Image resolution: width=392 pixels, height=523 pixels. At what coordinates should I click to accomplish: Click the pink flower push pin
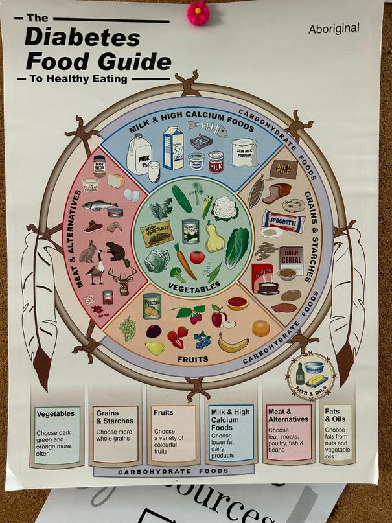pos(197,13)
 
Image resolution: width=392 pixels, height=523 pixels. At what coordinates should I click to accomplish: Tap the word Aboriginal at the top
pos(334,29)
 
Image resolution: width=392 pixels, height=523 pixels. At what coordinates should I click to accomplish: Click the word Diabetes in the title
pos(82,38)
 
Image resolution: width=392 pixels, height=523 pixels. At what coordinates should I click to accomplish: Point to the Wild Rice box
pos(283,169)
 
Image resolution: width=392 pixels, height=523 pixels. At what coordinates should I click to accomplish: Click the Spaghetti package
pos(282,222)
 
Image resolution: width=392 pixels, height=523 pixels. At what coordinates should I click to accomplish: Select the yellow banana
pos(233,343)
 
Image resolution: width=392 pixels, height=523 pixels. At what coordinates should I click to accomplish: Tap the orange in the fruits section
pos(261,329)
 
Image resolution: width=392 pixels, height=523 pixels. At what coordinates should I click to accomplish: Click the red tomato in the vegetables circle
pos(197,257)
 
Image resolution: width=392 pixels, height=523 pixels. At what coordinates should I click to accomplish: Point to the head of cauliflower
pos(226,207)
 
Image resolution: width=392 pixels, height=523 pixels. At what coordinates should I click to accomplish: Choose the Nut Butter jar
pos(99,166)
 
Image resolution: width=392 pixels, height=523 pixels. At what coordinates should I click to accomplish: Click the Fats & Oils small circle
pos(311,375)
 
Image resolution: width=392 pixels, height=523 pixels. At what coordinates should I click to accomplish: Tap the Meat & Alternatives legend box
pos(288,431)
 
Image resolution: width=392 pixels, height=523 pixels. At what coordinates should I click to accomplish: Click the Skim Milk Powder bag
pos(244,153)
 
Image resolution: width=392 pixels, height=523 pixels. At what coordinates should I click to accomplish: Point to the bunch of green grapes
pos(128,329)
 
